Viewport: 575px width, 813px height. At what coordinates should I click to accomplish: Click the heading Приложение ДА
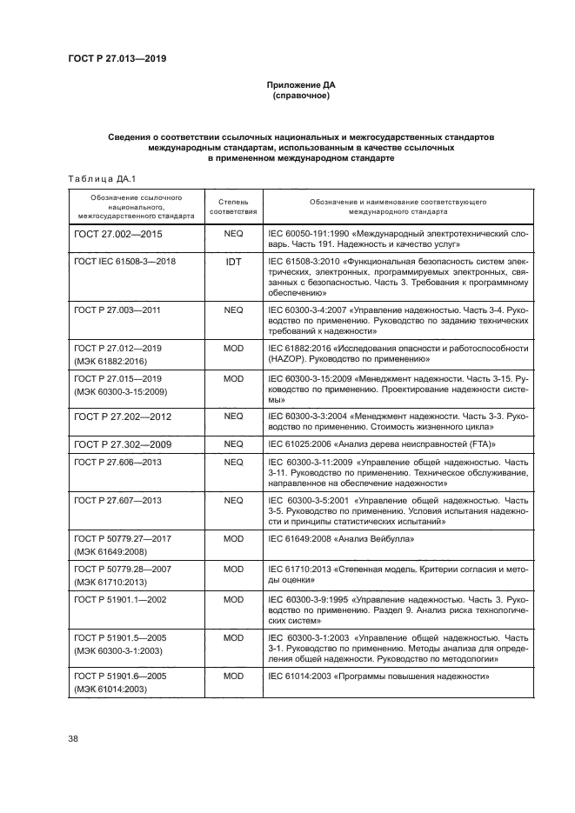pyautogui.click(x=300, y=85)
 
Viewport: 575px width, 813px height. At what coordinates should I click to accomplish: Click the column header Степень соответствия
pyautogui.click(x=233, y=206)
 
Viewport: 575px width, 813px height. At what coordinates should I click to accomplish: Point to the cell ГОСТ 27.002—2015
pyautogui.click(x=118, y=235)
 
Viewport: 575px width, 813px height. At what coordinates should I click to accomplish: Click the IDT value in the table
pyautogui.click(x=233, y=261)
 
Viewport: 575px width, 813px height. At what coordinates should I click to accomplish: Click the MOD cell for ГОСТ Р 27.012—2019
pyautogui.click(x=233, y=348)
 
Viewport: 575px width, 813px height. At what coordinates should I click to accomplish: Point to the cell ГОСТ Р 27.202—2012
pyautogui.click(x=123, y=417)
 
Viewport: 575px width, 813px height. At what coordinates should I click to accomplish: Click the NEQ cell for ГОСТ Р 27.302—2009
pyautogui.click(x=233, y=443)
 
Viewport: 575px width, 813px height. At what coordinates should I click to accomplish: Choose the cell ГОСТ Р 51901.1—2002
pyautogui.click(x=119, y=600)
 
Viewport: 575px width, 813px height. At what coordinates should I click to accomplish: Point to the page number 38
pyautogui.click(x=73, y=739)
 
